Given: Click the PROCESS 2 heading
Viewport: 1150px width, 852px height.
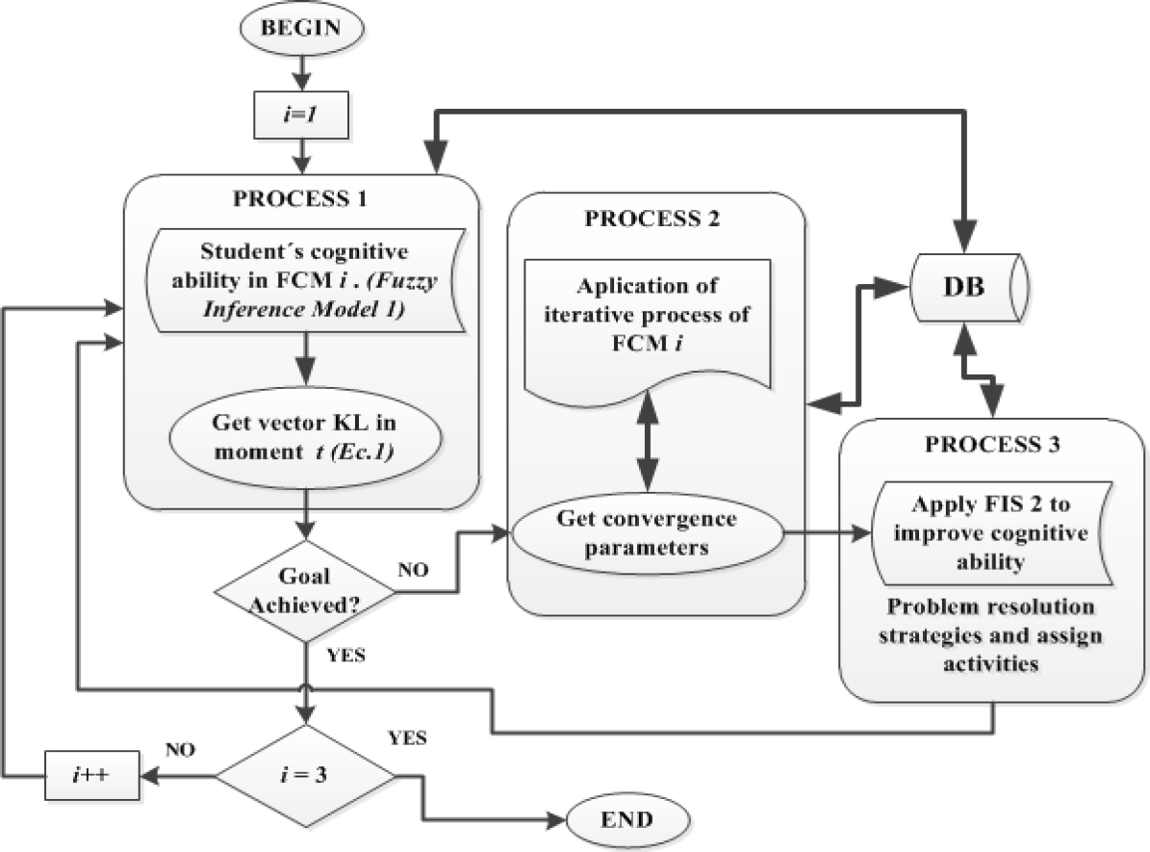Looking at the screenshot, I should [654, 218].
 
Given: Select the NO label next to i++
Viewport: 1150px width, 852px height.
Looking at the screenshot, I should [182, 747].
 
